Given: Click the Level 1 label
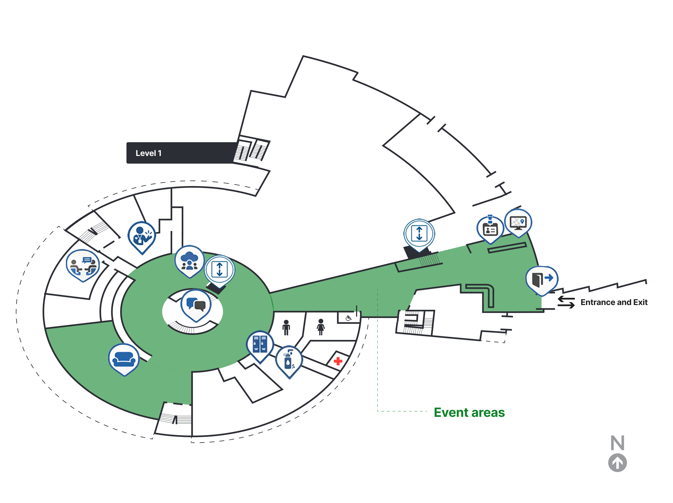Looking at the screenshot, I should click(x=148, y=153).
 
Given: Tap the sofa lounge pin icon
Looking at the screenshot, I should click(x=124, y=359).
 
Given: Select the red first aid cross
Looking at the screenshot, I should click(x=338, y=361).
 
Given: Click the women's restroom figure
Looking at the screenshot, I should click(x=321, y=327).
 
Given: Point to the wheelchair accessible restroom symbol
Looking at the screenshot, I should click(x=349, y=318).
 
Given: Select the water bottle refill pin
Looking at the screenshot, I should click(x=289, y=360).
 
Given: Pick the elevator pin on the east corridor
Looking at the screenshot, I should click(x=419, y=233).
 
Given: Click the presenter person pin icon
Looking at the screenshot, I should click(x=142, y=236).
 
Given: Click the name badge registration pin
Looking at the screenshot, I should click(x=490, y=229).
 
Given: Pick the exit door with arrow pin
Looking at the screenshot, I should click(x=542, y=279).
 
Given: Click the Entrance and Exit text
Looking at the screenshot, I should click(x=614, y=302).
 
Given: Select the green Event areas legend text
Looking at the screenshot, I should click(x=469, y=412).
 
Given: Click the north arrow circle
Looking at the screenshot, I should click(x=617, y=463).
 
